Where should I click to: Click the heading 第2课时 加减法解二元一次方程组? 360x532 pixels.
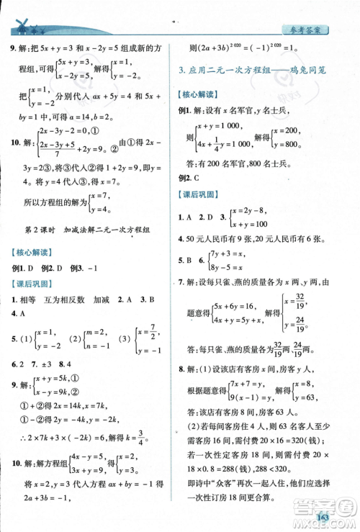tap(96, 230)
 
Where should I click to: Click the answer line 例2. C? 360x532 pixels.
tap(189, 177)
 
